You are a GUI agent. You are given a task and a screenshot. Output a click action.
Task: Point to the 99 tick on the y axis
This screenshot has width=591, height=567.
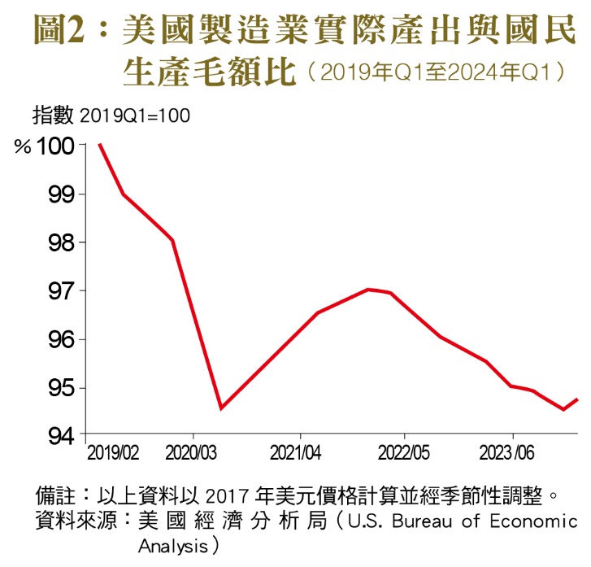tap(61, 194)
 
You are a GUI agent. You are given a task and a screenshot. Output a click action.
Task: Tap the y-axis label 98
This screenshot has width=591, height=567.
tap(61, 242)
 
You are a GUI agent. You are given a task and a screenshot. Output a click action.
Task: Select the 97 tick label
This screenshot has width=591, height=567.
tap(61, 290)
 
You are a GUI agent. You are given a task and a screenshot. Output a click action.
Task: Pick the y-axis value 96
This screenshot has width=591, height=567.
tap(61, 339)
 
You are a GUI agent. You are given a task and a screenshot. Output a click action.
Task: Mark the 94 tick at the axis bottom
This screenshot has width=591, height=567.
tap(61, 436)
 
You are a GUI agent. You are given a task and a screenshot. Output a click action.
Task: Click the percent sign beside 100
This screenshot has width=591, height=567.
tap(22, 147)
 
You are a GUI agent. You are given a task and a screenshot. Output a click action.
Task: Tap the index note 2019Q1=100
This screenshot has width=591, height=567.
tap(135, 116)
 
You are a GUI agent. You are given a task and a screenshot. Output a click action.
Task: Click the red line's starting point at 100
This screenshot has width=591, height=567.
tap(99, 145)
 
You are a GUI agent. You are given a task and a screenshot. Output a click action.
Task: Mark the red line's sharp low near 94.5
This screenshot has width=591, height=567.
tap(221, 408)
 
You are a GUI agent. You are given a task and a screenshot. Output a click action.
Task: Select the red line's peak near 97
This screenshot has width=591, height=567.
tap(368, 289)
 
